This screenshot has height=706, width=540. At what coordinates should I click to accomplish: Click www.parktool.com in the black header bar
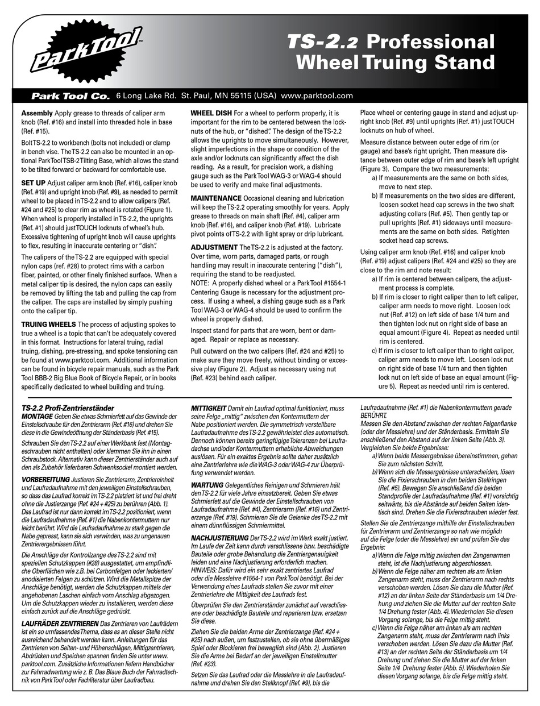click(317, 96)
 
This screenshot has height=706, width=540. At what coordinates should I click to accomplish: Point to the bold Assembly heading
click(37, 113)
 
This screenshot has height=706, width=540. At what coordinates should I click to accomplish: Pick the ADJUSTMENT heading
click(214, 247)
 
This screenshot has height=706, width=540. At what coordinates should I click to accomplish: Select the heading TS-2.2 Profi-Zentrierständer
click(68, 408)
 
